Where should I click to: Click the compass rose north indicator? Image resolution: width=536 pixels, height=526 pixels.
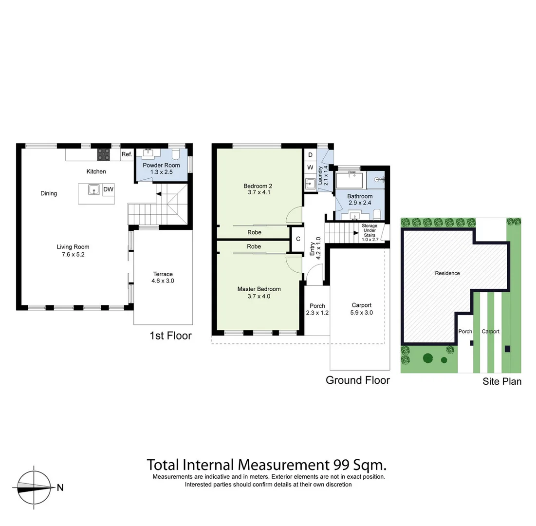tap(35, 487)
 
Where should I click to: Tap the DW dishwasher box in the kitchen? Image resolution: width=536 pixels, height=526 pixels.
tap(109, 189)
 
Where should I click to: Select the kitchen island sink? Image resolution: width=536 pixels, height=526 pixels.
tap(94, 189)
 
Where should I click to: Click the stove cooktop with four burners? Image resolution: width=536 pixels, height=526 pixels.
tap(104, 154)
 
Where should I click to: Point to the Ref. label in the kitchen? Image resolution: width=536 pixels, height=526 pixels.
tap(127, 154)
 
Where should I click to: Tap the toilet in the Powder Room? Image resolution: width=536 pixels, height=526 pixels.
tap(176, 154)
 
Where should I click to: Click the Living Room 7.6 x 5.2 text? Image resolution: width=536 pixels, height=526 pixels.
tap(73, 250)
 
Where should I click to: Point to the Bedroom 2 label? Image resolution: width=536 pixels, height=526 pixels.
tap(258, 189)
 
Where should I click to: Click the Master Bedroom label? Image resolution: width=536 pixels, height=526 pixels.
tap(259, 292)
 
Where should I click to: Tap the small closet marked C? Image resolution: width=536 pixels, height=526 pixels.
tap(298, 239)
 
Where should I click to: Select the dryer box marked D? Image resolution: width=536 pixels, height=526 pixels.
tap(310, 155)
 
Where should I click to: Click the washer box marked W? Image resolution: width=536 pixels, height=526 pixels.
tap(310, 168)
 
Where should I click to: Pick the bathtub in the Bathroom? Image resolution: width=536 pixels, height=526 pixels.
tap(350, 181)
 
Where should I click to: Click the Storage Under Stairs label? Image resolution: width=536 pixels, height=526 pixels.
tap(369, 232)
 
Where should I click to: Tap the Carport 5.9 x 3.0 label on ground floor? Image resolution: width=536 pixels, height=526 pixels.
tap(362, 309)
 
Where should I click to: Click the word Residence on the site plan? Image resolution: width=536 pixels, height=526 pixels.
tap(447, 273)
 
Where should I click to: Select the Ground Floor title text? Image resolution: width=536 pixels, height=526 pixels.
tap(357, 380)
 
